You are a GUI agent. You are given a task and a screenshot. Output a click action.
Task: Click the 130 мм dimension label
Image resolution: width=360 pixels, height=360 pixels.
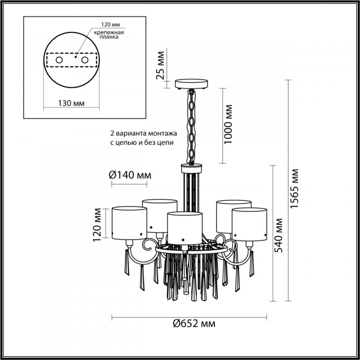pos(72,103)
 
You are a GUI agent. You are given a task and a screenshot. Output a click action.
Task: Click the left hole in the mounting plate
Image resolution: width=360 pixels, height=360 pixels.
pos(59,60)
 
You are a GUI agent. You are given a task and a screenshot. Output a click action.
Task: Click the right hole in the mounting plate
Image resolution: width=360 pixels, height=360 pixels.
pos(84,60)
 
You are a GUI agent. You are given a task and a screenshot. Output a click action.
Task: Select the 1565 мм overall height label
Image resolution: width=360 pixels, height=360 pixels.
pos(294,189)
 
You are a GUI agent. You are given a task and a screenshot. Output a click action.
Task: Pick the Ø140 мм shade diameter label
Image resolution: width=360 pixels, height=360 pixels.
pos(130,175)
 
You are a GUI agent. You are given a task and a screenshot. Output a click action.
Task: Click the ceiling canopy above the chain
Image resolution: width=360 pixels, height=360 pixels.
pos(191,84)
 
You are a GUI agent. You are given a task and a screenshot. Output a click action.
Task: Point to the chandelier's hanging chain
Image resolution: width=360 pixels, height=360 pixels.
pos(192,126)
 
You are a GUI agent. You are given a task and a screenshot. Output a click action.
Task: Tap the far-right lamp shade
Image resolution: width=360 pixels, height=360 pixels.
pos(250,222)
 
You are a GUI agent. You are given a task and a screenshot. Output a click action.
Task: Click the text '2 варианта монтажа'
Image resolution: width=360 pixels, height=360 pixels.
pos(144,134)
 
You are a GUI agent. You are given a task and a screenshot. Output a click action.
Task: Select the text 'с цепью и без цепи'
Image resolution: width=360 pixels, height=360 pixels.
pos(142,142)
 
